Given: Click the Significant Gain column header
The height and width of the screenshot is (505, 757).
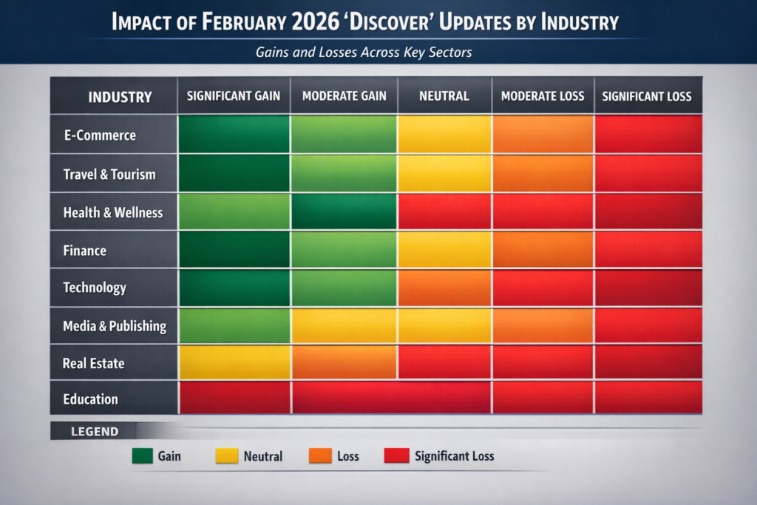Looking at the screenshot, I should click(x=234, y=96).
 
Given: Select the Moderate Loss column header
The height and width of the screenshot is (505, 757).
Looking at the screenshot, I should click(x=543, y=96).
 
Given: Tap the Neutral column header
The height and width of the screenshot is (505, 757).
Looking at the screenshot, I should click(x=444, y=96).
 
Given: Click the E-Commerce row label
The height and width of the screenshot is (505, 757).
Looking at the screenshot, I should click(x=100, y=135).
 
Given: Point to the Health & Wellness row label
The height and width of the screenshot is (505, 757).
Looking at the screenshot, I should click(x=113, y=212).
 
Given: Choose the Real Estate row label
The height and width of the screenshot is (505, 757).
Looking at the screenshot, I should click(x=94, y=363).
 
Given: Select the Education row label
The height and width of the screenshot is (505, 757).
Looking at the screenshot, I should click(x=91, y=399).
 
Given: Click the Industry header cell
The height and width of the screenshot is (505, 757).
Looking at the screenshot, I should click(x=120, y=97).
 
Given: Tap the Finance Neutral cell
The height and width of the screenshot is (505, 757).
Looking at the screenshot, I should click(x=444, y=250).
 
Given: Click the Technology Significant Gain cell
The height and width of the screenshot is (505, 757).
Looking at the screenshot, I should click(x=234, y=288).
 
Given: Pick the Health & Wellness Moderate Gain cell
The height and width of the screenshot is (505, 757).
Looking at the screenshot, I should click(x=344, y=211).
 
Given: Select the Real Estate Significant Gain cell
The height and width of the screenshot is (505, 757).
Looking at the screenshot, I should click(x=234, y=363).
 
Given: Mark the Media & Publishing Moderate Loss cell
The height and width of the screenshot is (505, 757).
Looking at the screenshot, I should click(x=543, y=325).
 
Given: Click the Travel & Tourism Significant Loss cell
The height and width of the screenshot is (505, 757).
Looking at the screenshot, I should click(x=648, y=174).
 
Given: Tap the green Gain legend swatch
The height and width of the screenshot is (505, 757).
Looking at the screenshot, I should click(x=142, y=456).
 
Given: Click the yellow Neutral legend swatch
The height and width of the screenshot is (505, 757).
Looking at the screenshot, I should click(x=226, y=456).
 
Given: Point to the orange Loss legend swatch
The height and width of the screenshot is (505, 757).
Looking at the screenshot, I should click(x=320, y=456).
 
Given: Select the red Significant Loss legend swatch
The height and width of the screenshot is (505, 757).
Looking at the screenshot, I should click(x=396, y=456).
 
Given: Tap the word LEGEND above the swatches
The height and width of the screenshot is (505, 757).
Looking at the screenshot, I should click(x=94, y=431).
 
